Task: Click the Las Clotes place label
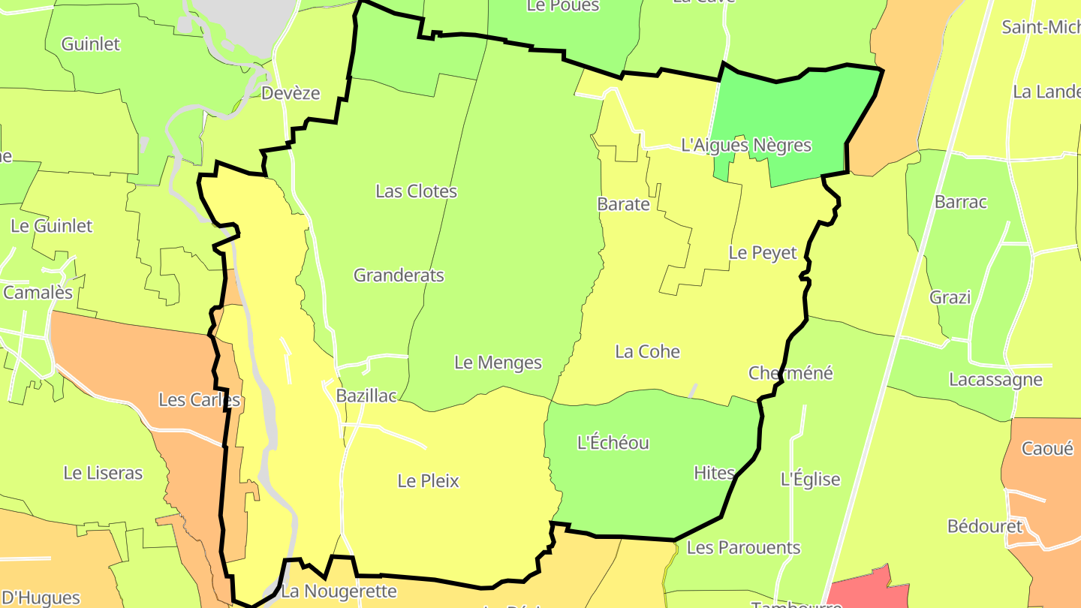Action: (416, 191)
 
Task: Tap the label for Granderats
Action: (399, 275)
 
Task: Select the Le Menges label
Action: (498, 363)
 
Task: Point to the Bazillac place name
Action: (366, 396)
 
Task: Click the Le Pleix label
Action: (428, 481)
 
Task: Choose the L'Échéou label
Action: (613, 443)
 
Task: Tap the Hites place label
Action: (714, 473)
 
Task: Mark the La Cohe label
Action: (647, 351)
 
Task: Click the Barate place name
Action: (623, 204)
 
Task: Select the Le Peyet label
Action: (762, 253)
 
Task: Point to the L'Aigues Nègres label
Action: (746, 145)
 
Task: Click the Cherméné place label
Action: (790, 373)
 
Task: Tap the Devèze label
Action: (291, 93)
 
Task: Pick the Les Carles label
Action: (199, 400)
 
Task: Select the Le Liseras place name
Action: (103, 473)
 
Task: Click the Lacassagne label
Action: (995, 379)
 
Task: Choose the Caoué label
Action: (1047, 449)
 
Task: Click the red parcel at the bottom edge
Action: (863, 589)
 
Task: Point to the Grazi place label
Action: (950, 298)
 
